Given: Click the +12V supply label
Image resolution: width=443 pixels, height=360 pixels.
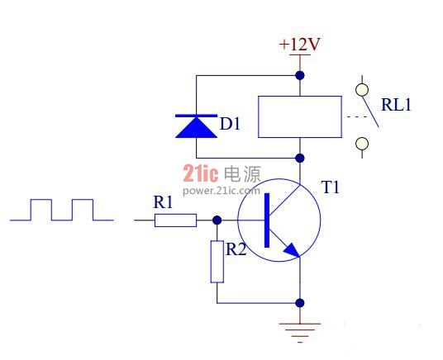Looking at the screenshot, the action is point(299,45).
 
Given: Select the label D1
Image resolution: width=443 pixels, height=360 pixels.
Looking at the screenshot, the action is point(230,124).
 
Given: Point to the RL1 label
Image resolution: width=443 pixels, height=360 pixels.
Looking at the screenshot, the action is point(396,105).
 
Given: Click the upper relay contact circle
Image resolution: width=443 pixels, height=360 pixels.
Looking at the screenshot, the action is point(362,90).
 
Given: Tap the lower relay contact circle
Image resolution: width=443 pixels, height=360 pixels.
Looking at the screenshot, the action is point(362,144).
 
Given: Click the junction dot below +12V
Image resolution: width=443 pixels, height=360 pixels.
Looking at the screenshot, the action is point(300,75).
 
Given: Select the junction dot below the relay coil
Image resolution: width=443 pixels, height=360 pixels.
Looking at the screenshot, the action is point(300,158).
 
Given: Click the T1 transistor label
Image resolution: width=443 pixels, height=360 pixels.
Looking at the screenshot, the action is point(331,187).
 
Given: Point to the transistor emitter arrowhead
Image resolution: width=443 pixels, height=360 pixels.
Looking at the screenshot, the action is point(292,251).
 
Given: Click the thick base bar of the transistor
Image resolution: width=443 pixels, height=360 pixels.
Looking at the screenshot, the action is point(267,220).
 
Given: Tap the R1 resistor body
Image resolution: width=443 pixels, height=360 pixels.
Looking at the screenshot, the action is point(175,220).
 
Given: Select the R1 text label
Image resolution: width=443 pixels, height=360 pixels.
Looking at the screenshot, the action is point(163,202).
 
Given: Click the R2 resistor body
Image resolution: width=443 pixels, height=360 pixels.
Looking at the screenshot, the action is point(217,262).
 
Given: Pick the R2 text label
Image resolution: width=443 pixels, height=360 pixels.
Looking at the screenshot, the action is point(236,249).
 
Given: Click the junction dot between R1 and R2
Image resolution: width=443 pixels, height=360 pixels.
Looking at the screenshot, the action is point(217,220).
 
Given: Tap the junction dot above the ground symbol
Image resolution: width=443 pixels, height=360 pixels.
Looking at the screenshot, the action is point(300,303).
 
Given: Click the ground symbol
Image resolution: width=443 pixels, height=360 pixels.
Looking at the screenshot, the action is point(300,333).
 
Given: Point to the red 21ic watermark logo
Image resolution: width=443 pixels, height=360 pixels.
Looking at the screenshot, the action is point(201,173).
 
